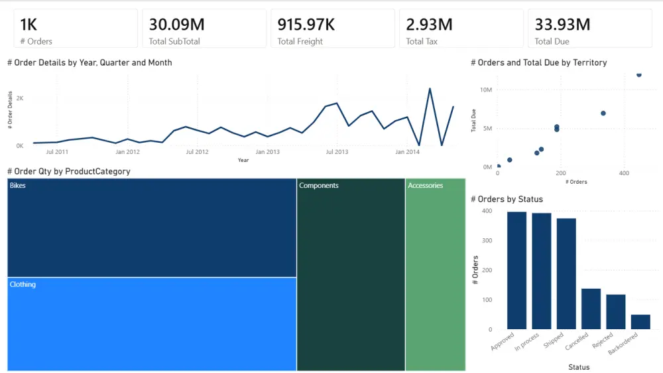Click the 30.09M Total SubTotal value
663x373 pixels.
(176, 25)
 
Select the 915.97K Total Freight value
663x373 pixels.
(306, 25)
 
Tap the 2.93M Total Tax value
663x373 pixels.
(429, 25)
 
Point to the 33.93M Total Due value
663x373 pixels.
(562, 25)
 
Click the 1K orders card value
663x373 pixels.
(29, 25)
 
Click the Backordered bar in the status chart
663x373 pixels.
(640, 322)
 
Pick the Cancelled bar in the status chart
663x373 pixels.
(591, 309)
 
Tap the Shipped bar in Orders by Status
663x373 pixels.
(566, 273)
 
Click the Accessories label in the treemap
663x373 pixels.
(425, 186)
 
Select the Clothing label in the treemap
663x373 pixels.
(23, 285)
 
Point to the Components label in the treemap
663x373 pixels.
(318, 186)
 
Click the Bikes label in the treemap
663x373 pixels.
(18, 186)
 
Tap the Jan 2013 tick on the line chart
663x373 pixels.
(267, 152)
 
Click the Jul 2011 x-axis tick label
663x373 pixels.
(58, 152)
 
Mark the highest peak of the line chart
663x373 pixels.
(430, 88)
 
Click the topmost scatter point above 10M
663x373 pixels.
(638, 74)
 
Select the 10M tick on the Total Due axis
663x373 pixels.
(485, 90)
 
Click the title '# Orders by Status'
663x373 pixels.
(507, 199)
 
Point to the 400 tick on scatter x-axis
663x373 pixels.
(624, 173)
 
